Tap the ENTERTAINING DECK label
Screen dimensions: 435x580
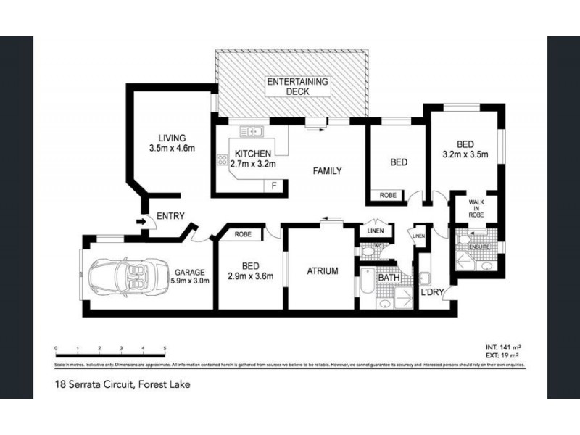[x=297, y=86]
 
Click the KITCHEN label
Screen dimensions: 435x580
[x=252, y=154]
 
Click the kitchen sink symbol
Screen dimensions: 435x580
[x=251, y=131]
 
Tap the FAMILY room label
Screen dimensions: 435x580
[x=327, y=172]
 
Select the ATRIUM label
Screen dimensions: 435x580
[x=322, y=271]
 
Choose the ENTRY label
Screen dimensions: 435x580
[x=171, y=215]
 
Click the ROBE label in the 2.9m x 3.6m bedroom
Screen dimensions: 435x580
[x=243, y=234]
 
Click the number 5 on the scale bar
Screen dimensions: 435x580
[x=165, y=349]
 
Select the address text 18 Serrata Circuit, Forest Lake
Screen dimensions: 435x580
[x=123, y=384]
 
